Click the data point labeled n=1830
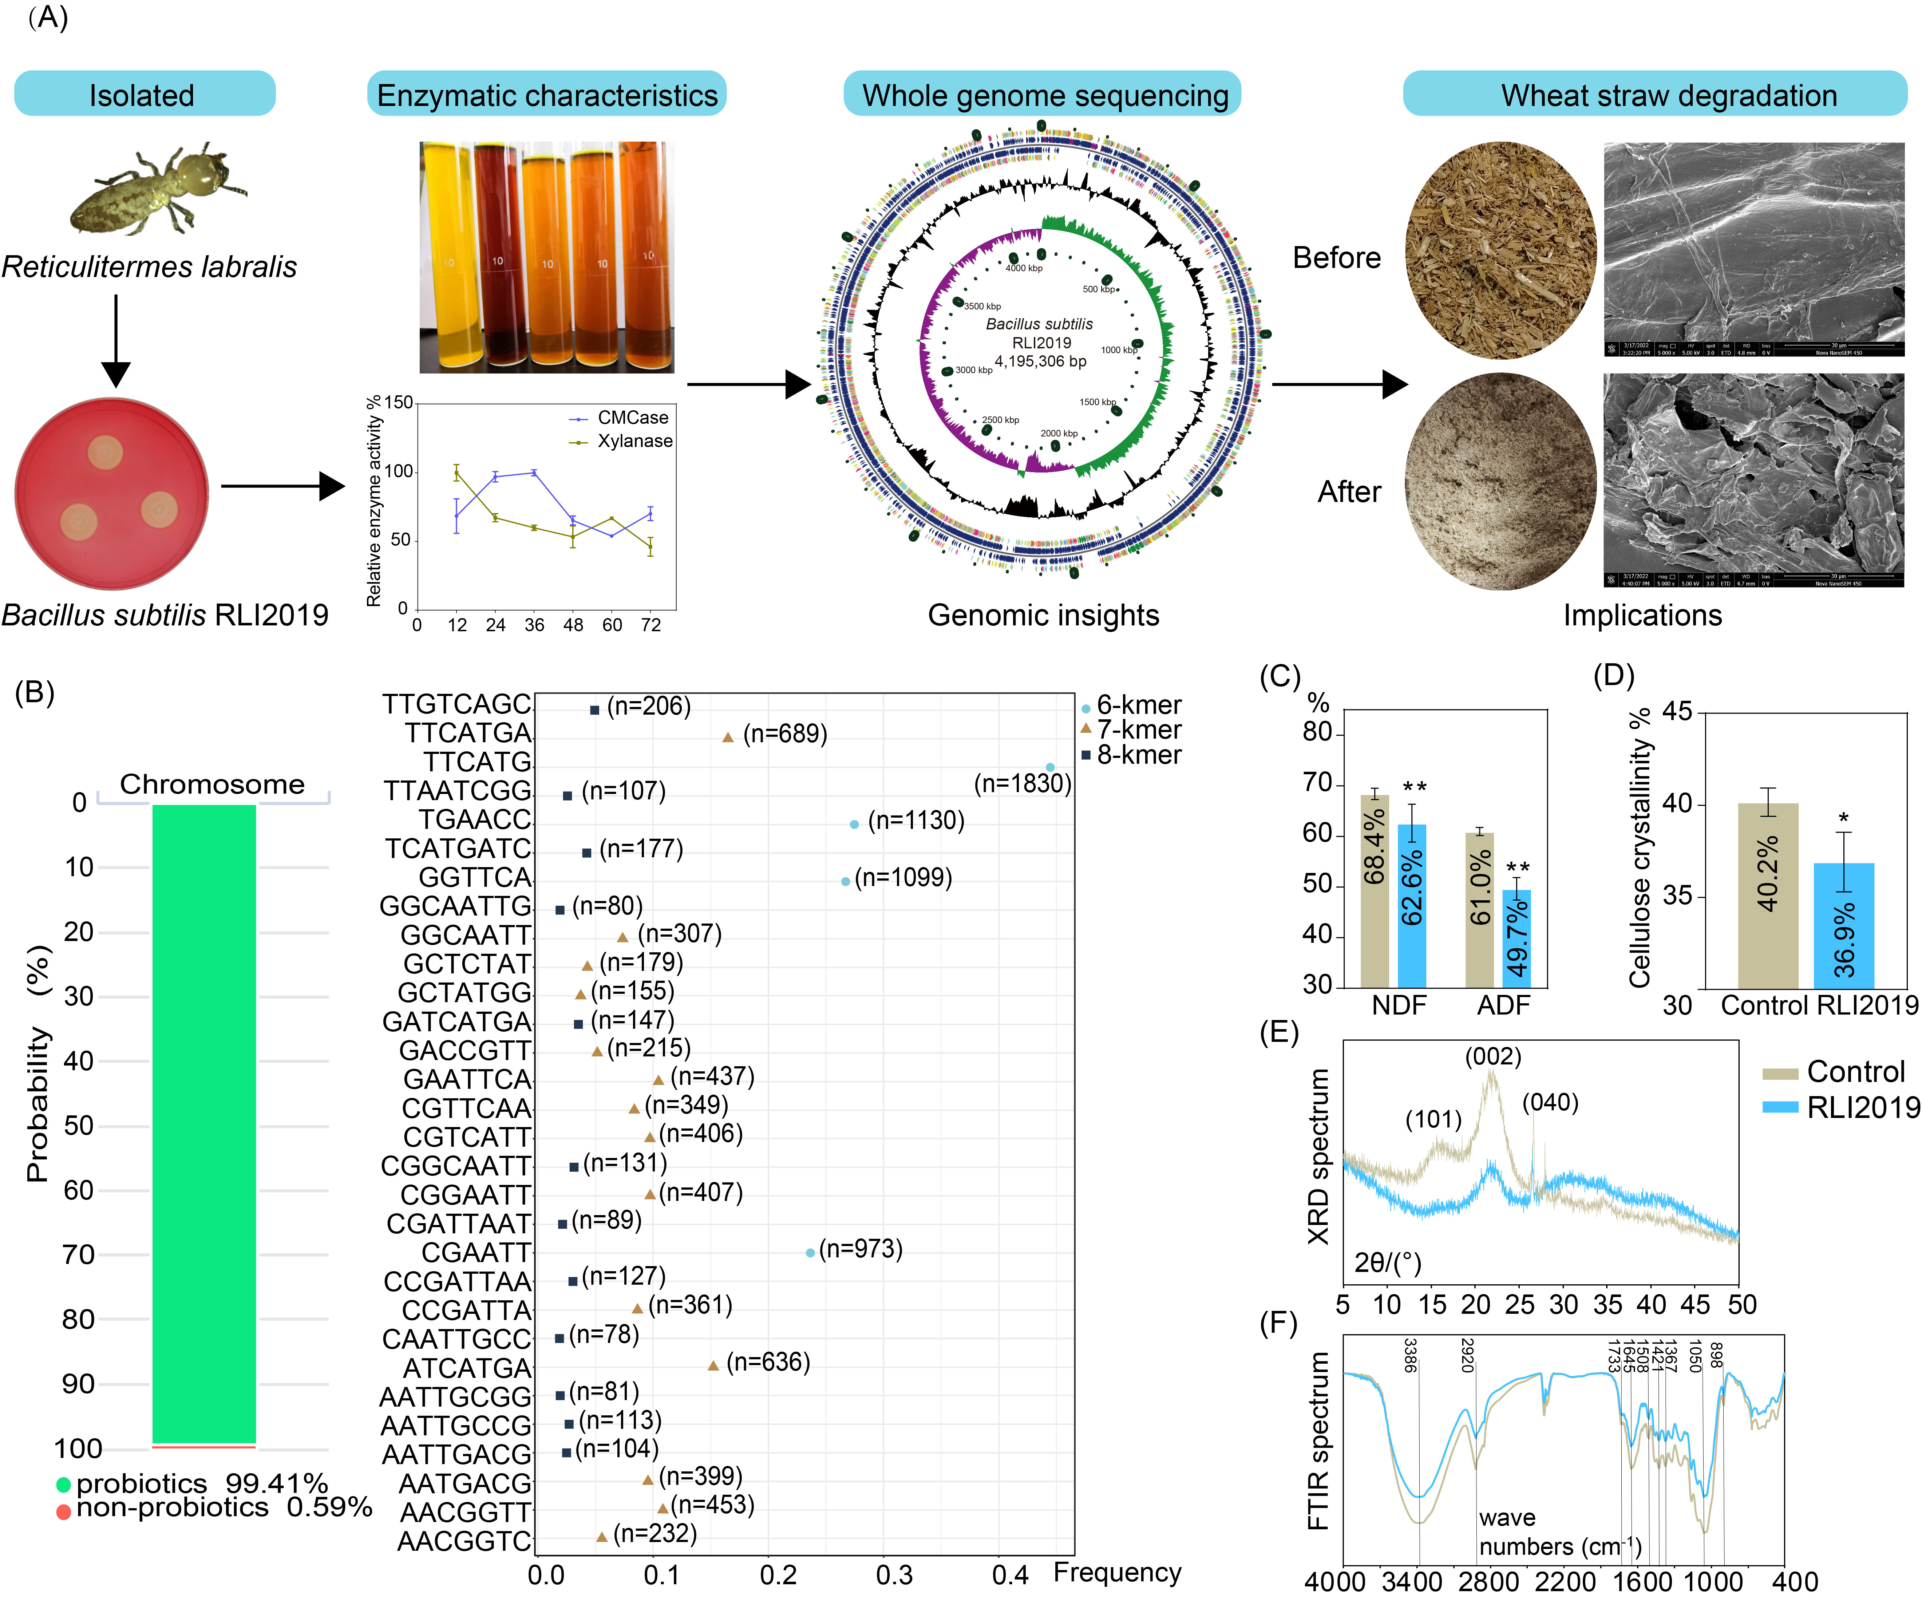1050,767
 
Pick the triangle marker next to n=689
728,737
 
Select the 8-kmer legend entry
1138,755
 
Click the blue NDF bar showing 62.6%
1411,906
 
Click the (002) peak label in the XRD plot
1493,1056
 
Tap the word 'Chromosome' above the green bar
212,784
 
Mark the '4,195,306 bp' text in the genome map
1041,361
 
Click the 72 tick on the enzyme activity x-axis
651,625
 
